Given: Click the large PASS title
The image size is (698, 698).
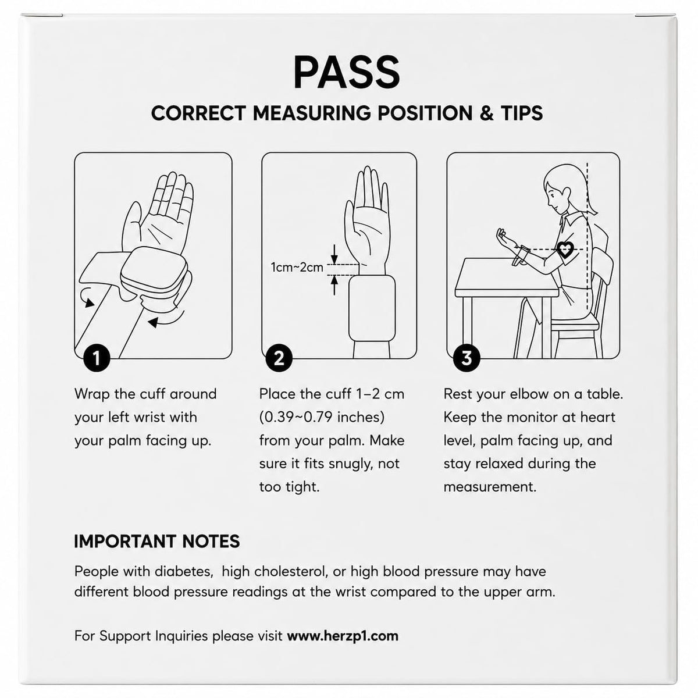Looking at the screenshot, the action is (347, 72).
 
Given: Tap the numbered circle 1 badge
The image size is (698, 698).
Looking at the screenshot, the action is (97, 358).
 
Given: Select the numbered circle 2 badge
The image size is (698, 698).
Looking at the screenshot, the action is (279, 358).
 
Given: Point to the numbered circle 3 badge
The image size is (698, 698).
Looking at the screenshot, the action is (466, 358).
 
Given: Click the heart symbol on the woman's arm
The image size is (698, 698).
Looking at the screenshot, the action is (565, 249).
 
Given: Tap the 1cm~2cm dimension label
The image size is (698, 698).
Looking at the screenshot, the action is (297, 268).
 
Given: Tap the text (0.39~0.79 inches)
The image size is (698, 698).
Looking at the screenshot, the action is (322, 417).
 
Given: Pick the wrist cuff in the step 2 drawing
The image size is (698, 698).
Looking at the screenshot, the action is (372, 308).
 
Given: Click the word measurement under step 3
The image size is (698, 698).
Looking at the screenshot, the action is (490, 487).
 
